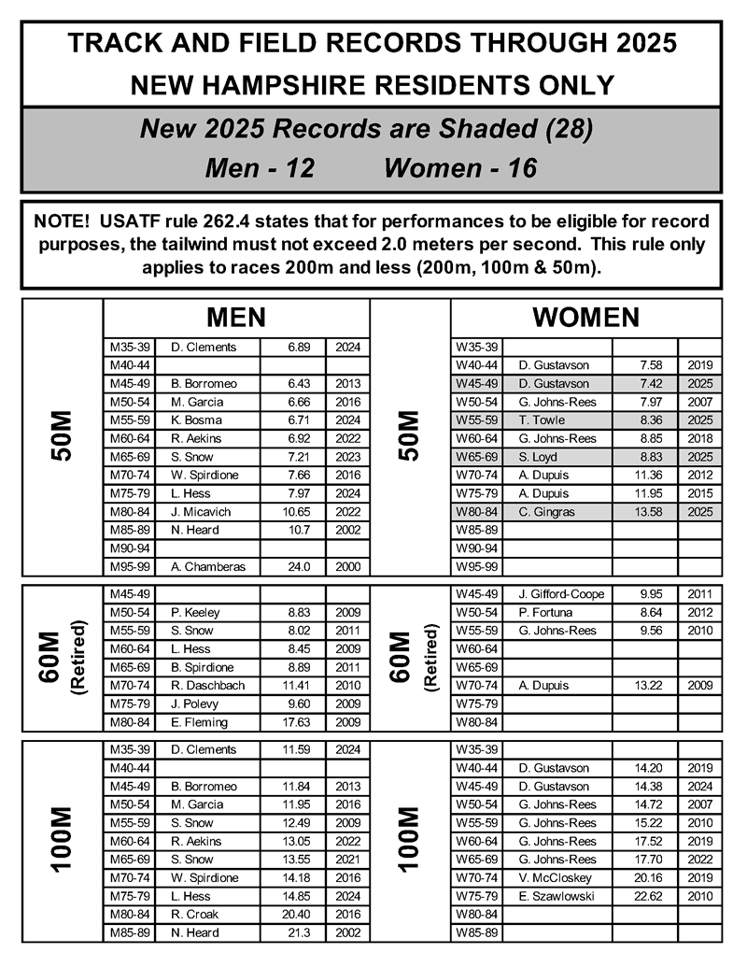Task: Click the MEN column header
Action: pos(236,317)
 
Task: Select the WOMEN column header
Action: pos(585,317)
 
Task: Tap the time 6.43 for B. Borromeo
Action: pos(280,384)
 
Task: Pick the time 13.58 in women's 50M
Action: pos(633,512)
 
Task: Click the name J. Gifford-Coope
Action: pos(560,594)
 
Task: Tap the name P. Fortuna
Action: pos(546,613)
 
